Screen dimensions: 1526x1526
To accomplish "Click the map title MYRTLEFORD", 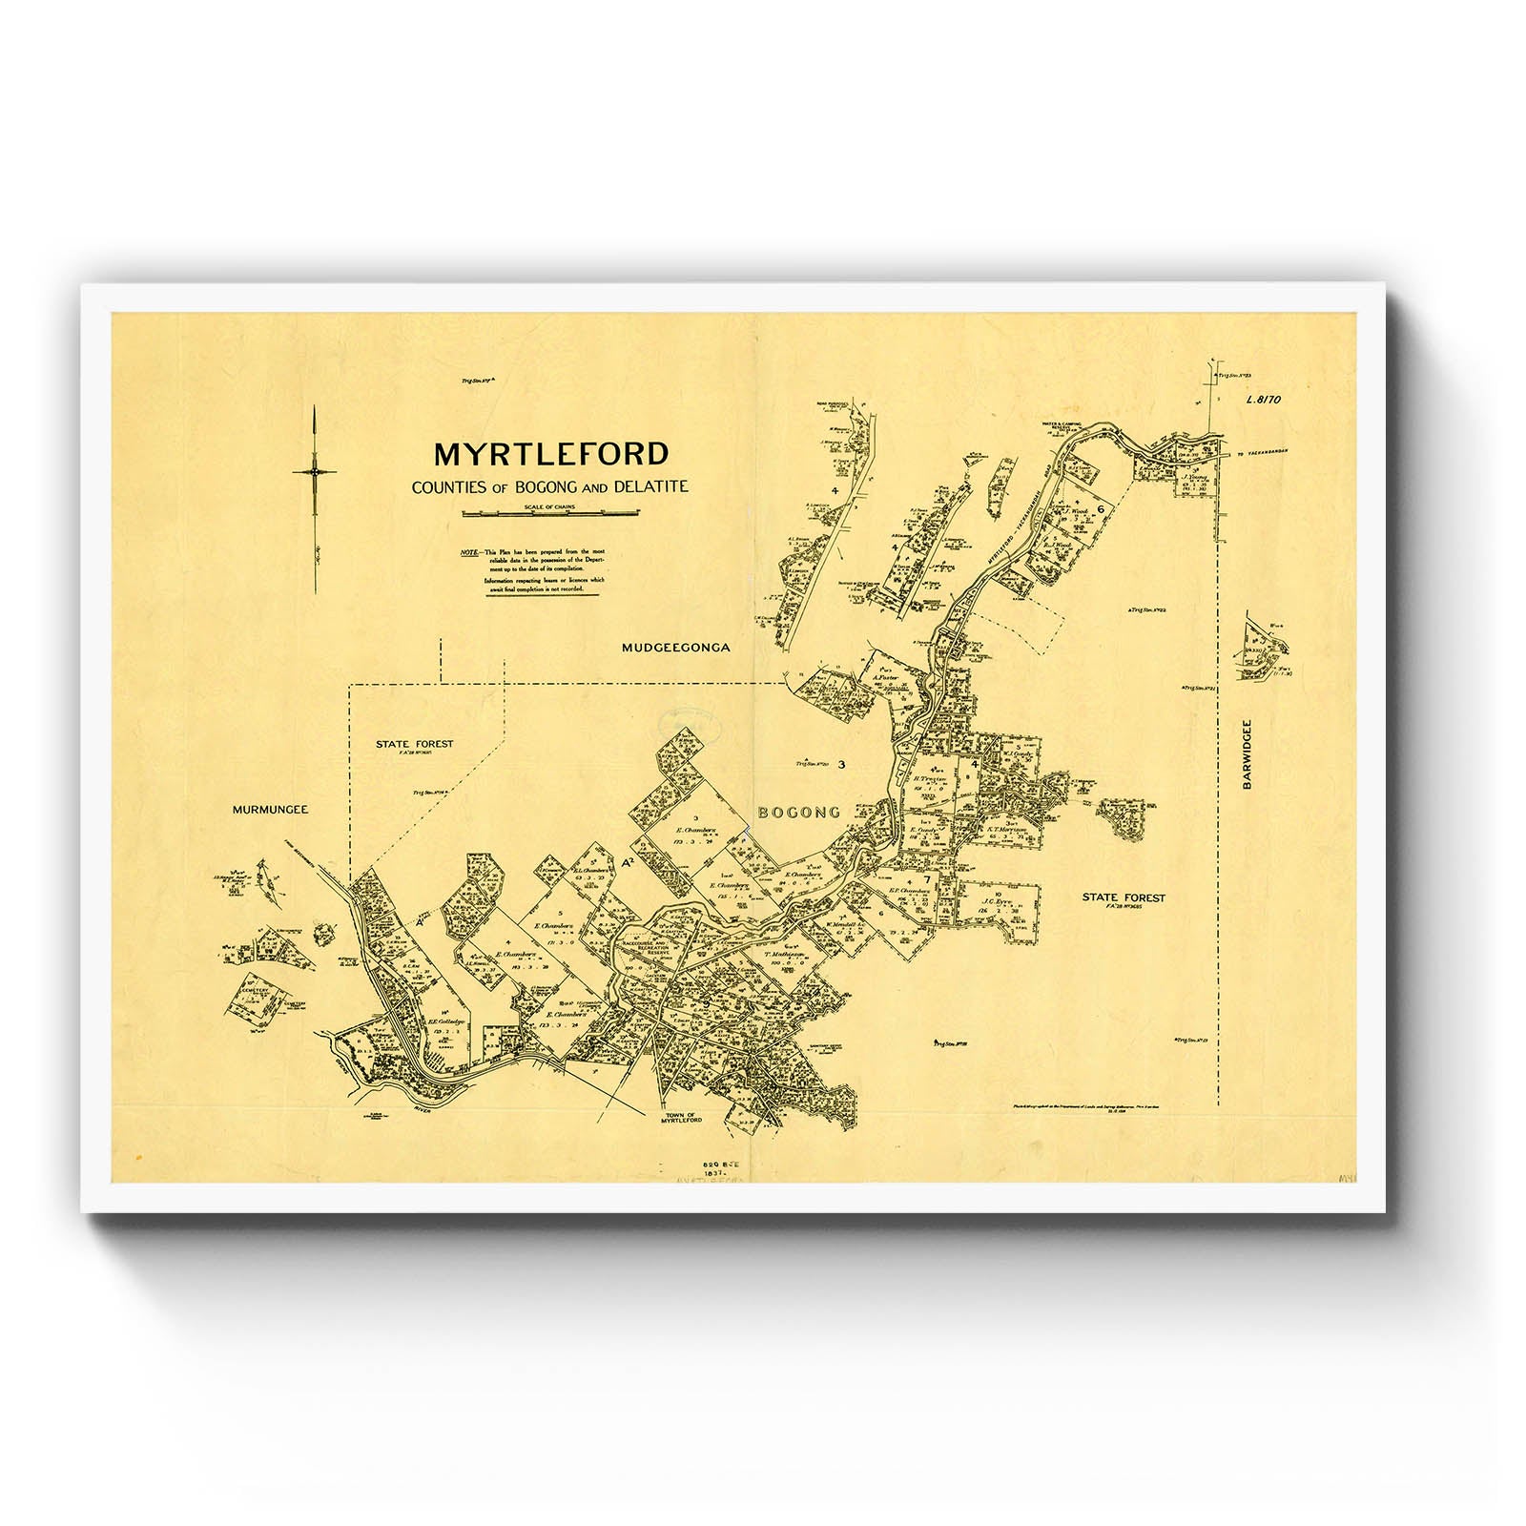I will pyautogui.click(x=550, y=454).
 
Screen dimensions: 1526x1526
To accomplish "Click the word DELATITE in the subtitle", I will pyautogui.click(x=652, y=487).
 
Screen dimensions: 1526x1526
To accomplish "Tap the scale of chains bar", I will pyautogui.click(x=550, y=514).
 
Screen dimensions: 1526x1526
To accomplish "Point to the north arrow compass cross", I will pyautogui.click(x=315, y=471).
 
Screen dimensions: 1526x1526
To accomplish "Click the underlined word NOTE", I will pyautogui.click(x=468, y=553).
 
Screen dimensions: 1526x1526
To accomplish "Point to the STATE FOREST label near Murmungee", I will pyautogui.click(x=414, y=744).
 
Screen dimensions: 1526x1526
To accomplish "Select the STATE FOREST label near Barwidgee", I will pyautogui.click(x=1124, y=897).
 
